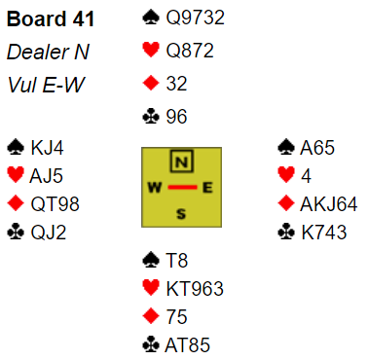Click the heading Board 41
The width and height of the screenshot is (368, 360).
(51, 18)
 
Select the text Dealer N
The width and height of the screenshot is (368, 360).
(48, 52)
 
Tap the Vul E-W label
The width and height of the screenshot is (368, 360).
(46, 85)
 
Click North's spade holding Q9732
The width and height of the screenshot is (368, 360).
(195, 18)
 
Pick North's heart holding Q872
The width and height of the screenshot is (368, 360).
(190, 51)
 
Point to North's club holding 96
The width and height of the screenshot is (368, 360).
(176, 117)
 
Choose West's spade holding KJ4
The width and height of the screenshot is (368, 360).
(47, 148)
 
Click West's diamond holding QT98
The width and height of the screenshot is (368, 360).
(55, 204)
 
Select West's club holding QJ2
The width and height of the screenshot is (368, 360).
(49, 233)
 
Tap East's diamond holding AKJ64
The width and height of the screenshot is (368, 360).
(329, 204)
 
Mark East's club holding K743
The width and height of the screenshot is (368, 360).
(324, 233)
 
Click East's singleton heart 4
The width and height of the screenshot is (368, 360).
(307, 176)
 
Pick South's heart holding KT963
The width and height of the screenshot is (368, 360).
(195, 289)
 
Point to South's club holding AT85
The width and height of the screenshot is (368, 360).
(188, 344)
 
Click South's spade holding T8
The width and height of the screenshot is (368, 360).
(177, 261)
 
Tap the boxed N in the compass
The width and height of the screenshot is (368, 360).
(181, 161)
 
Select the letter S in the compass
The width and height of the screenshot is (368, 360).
(181, 214)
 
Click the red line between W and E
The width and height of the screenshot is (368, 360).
(182, 187)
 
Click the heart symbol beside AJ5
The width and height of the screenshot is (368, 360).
(16, 175)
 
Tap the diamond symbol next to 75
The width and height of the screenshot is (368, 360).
(151, 316)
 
